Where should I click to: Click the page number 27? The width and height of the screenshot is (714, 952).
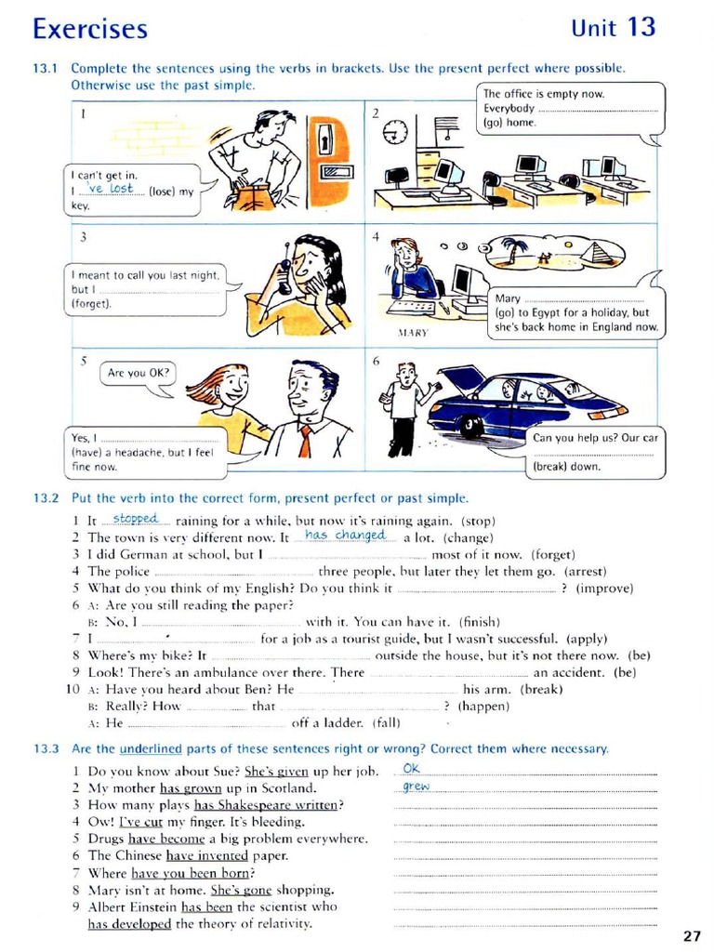click(692, 935)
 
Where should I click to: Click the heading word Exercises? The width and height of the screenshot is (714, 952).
click(89, 29)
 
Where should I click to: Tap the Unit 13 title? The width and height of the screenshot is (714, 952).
click(614, 27)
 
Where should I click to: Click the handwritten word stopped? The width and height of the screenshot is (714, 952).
click(136, 518)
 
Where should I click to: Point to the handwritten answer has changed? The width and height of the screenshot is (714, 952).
click(345, 535)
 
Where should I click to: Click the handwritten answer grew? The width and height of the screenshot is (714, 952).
click(416, 787)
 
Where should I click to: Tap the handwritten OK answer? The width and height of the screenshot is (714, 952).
click(412, 769)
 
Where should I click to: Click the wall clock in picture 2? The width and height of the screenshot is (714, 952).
click(396, 132)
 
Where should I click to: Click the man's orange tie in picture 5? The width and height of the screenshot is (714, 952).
click(305, 440)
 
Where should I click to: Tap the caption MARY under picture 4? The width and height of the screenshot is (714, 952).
click(412, 332)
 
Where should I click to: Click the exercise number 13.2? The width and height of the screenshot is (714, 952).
click(46, 498)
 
